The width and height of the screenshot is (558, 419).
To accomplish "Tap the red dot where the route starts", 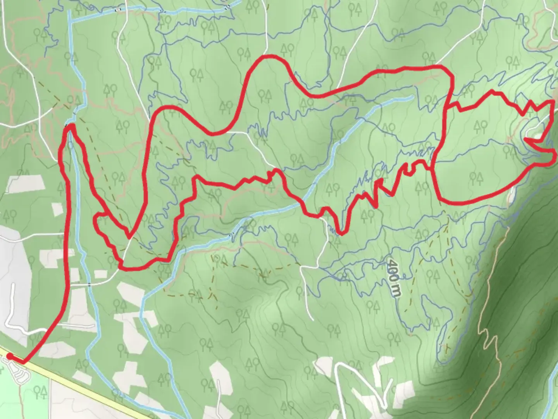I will (9, 356).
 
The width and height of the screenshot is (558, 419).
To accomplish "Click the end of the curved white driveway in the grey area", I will (14, 286).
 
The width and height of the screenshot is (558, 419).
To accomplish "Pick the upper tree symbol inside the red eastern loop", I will (480, 125).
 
